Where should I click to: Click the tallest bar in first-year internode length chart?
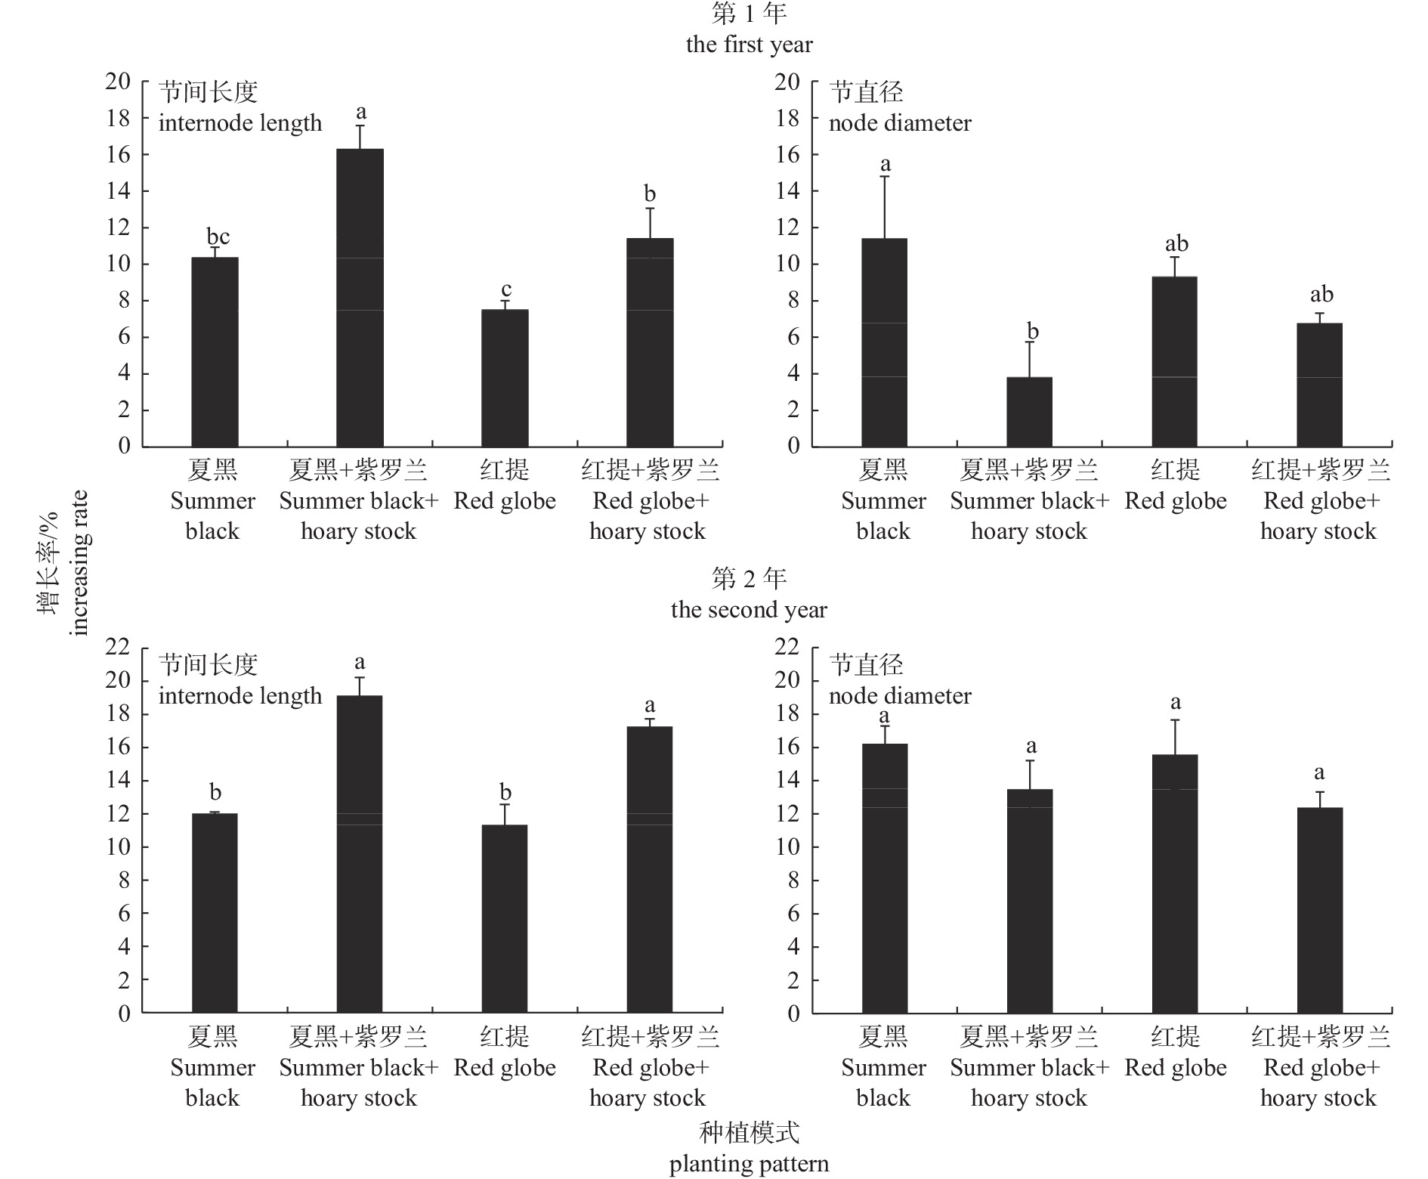[360, 298]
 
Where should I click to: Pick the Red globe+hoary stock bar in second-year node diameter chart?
[1319, 910]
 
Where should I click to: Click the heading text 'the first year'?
[749, 45]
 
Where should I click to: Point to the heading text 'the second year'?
[749, 610]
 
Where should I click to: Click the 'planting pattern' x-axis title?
[749, 1164]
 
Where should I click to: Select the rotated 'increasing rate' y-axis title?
[79, 563]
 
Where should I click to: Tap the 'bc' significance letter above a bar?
[218, 237]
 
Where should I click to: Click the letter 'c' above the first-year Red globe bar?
[506, 289]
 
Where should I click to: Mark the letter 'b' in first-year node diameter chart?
[1032, 331]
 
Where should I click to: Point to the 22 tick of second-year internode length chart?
[118, 647]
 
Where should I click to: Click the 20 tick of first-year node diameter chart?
[787, 82]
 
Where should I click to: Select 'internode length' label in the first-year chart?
[240, 123]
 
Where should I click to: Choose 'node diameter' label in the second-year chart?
[900, 696]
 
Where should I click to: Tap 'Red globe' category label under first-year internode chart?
[505, 501]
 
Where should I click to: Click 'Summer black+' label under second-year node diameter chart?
[1029, 1068]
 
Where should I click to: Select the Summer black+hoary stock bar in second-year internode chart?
[360, 854]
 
